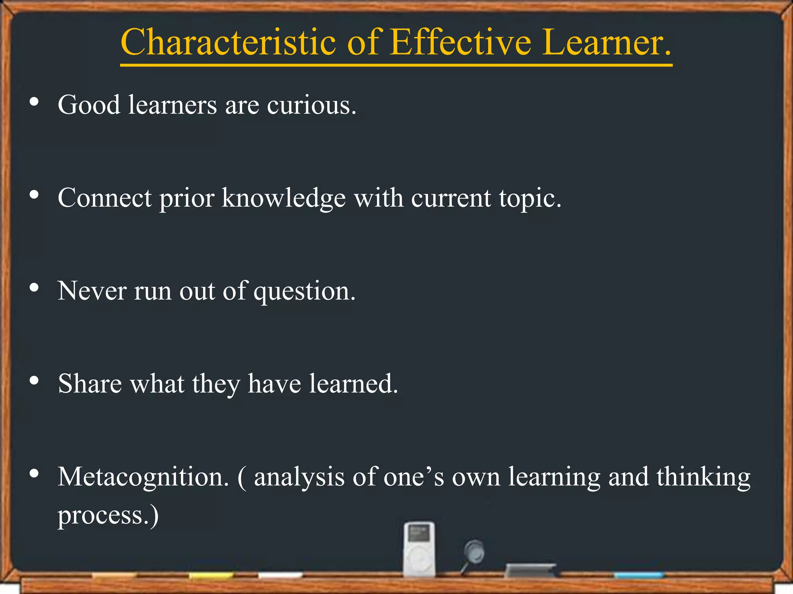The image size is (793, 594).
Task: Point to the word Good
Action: pos(89,105)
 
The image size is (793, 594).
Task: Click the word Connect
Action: pos(105,198)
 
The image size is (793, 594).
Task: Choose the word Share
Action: pos(90,384)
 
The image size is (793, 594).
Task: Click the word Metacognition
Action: pos(143,477)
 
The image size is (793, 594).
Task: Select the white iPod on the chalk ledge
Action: pos(419,549)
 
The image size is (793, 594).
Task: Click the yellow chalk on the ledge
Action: pos(211,576)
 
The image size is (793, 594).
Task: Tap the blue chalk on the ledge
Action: pos(639,575)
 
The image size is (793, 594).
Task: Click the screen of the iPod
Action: pos(419,534)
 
